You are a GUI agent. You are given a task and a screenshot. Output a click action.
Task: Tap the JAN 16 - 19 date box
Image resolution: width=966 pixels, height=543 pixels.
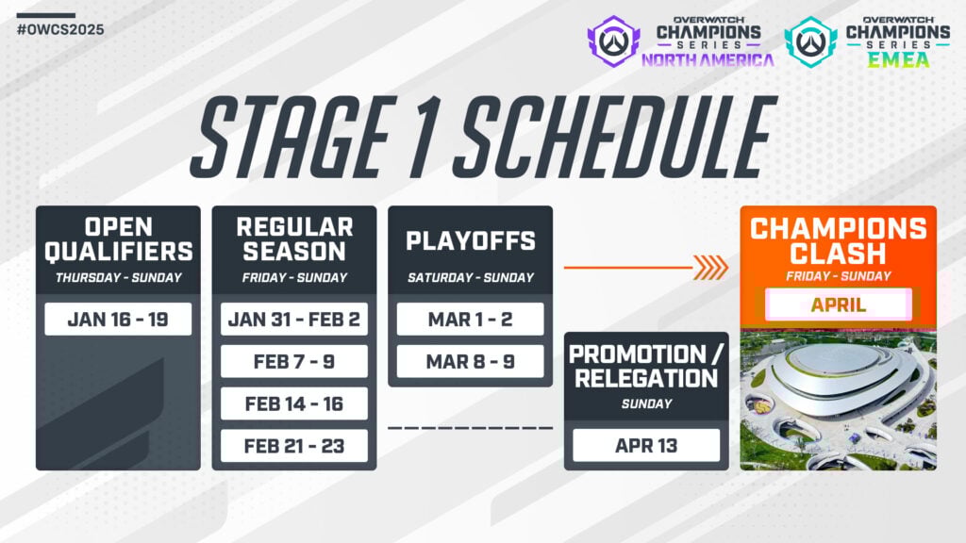click(118, 320)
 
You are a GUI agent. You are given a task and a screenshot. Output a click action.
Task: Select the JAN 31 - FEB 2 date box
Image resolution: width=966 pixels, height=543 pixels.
click(293, 320)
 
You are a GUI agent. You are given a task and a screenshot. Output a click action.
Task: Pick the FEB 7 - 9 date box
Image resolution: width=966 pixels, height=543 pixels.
click(293, 361)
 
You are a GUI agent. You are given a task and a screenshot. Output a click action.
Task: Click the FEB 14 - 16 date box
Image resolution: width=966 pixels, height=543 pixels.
click(293, 403)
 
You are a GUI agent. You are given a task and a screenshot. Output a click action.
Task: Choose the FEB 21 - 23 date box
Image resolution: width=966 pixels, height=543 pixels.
click(293, 446)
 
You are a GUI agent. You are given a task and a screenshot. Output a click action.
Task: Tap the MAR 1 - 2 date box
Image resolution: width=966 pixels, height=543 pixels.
click(470, 320)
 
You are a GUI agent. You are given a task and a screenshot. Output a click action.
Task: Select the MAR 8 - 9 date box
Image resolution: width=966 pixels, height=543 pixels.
click(470, 361)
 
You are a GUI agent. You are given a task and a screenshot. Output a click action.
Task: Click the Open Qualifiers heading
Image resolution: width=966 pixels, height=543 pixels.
click(118, 239)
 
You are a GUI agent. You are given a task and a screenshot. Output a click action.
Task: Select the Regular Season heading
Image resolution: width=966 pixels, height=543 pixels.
click(293, 239)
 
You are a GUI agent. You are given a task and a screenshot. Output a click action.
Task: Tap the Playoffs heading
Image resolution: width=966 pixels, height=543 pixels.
click(470, 240)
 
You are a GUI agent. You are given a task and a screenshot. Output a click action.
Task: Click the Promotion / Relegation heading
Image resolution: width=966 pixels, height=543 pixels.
click(646, 367)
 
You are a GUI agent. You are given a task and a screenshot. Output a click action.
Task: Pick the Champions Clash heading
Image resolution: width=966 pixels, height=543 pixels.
click(838, 240)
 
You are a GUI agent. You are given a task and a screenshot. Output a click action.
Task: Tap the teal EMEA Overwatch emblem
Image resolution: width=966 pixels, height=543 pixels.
click(810, 41)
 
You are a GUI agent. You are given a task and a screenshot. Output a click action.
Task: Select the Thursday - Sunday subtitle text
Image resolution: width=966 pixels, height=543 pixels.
click(118, 278)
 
